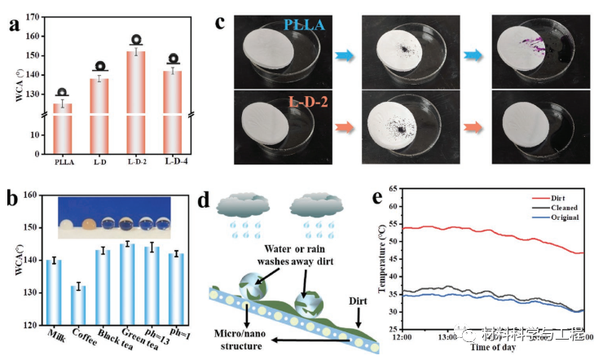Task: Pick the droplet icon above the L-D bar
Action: pos(99,66)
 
